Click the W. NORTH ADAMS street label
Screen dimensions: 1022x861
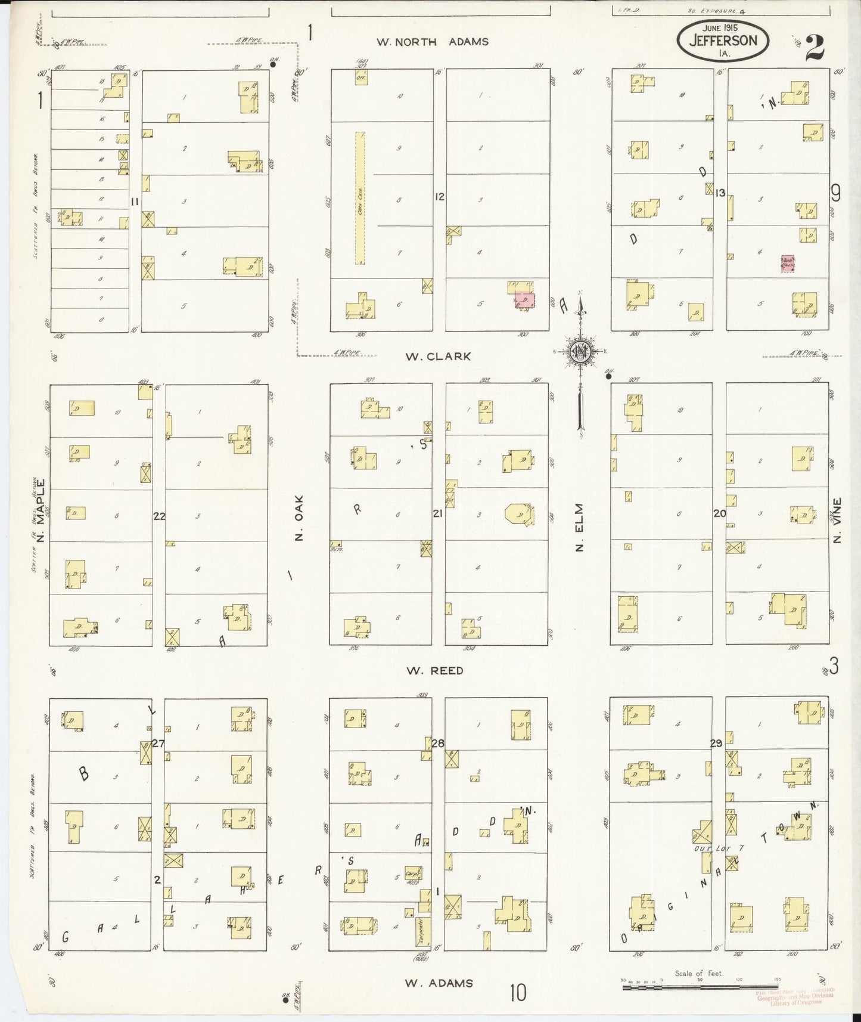432,42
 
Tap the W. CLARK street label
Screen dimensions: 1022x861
438,357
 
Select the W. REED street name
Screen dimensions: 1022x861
435,671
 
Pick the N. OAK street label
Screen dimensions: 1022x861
300,519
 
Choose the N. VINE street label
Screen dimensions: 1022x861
838,520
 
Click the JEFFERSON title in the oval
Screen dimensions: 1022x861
723,41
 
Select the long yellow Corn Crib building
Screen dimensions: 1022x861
360,197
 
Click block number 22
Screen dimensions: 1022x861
159,516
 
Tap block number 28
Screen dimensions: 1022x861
438,744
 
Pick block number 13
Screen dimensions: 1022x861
720,193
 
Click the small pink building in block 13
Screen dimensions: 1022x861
788,264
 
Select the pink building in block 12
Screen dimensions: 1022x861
524,300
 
